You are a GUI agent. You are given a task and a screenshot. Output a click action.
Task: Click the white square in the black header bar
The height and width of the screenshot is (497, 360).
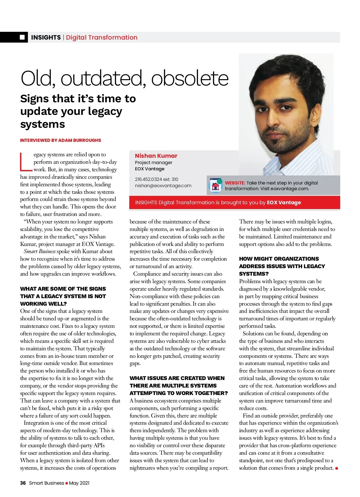pos(22,37)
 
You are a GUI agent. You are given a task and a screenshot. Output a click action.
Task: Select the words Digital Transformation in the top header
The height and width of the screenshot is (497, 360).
pos(102,37)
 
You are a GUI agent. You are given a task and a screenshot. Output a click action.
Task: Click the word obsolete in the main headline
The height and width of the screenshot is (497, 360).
pos(190,78)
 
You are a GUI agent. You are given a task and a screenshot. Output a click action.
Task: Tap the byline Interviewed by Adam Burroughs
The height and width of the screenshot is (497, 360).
pos(61,140)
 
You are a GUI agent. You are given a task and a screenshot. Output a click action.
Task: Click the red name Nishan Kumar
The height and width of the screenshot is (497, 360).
pos(156,156)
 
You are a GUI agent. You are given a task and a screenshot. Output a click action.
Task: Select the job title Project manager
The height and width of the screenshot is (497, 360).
pos(154,163)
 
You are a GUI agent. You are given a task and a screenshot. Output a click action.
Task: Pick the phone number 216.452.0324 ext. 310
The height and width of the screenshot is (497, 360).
pos(156,179)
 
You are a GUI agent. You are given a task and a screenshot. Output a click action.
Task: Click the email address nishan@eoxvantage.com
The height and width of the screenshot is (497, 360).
pos(163,186)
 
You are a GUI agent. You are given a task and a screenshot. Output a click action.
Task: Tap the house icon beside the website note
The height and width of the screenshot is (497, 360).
pos(215,186)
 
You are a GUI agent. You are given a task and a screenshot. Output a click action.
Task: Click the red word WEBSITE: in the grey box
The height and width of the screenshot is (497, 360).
pos(235,183)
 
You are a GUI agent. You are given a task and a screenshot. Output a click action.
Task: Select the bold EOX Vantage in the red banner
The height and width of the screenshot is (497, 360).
pos(284,202)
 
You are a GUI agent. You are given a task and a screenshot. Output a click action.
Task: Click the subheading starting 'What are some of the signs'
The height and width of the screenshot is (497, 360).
pos(63,296)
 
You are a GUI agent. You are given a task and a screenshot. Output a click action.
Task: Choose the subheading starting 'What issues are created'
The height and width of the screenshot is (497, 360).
pos(178,385)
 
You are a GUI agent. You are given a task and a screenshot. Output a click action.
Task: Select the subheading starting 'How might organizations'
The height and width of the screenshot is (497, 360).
pos(282,266)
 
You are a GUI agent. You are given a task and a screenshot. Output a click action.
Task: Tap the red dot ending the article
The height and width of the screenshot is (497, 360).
pos(337,468)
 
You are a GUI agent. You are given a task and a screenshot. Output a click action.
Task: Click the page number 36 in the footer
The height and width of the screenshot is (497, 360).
pos(23,483)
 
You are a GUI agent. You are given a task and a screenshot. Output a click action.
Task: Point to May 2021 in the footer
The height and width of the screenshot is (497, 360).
pos(79,483)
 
